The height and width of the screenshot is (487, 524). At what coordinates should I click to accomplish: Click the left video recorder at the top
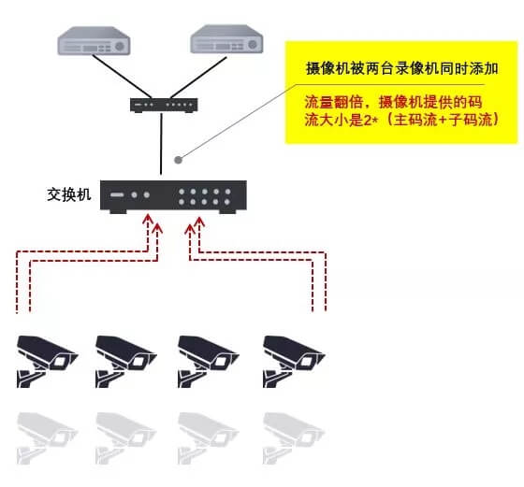click(x=94, y=41)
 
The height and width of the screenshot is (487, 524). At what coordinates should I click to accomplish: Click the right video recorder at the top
click(x=226, y=39)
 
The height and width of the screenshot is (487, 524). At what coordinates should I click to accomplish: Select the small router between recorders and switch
click(x=164, y=105)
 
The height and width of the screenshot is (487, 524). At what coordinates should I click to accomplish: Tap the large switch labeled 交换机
click(x=173, y=196)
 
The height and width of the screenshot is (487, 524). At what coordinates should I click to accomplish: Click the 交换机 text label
click(x=69, y=194)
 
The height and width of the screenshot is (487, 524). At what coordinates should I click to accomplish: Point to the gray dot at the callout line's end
click(x=178, y=160)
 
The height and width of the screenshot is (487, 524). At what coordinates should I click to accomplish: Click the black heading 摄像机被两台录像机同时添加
click(x=402, y=68)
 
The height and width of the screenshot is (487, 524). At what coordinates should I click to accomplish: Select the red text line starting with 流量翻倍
click(x=393, y=102)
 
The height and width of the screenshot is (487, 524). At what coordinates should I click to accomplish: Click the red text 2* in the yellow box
click(x=371, y=120)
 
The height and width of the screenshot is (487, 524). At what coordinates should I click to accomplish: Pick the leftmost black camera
click(x=47, y=361)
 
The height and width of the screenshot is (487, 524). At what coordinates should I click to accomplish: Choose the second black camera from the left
click(x=126, y=361)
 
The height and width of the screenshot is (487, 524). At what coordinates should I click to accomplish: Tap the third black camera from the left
click(x=208, y=361)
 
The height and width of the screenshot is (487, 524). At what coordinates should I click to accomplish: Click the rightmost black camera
click(x=294, y=361)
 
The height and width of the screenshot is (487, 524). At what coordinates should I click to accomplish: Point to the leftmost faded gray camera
click(x=47, y=438)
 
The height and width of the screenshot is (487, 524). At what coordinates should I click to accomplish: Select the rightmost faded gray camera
click(x=294, y=438)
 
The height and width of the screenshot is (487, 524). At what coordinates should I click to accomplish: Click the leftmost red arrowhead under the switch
click(x=148, y=220)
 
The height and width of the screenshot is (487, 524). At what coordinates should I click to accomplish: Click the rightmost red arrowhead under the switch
click(x=199, y=222)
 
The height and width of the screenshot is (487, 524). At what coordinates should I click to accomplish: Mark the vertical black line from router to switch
click(x=161, y=144)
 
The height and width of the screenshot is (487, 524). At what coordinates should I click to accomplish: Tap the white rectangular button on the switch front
click(x=117, y=195)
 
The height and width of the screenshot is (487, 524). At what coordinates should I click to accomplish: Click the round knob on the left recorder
click(x=120, y=47)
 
